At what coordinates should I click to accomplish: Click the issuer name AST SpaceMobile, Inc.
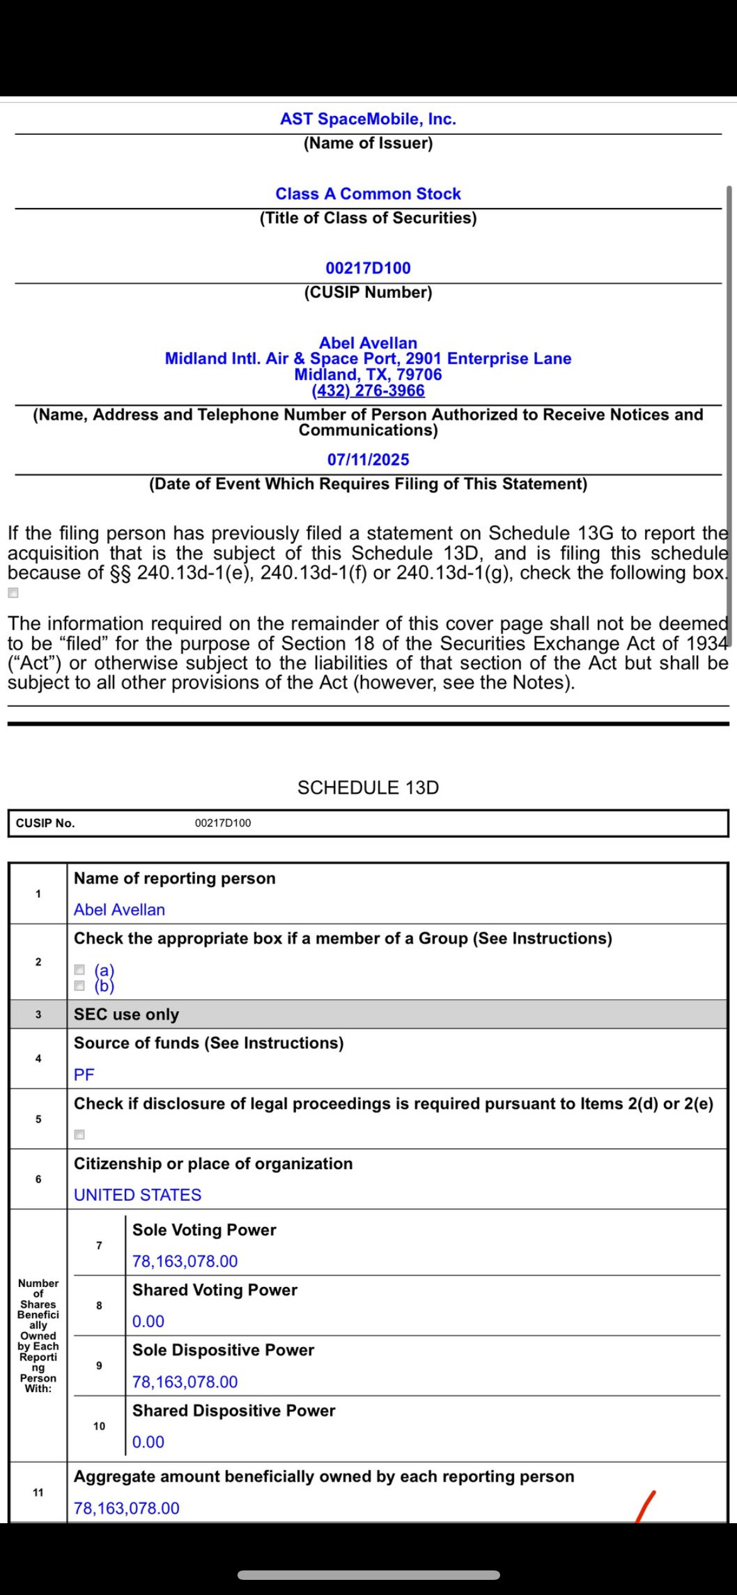[x=368, y=119]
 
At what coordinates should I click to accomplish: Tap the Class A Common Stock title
[x=368, y=193]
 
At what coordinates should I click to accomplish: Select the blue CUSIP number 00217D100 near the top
[x=368, y=268]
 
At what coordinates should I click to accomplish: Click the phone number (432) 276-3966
[x=368, y=391]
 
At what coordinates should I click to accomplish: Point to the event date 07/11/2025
[x=368, y=460]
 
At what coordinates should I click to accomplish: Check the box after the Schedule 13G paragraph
[x=13, y=593]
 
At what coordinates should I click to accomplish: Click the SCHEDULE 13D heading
[x=368, y=787]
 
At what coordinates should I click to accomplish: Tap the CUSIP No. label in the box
[x=45, y=823]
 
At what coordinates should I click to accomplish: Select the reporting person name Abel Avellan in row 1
[x=120, y=910]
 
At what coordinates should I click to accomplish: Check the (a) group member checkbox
[x=79, y=970]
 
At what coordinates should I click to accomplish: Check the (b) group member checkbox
[x=79, y=985]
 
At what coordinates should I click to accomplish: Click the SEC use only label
[x=127, y=1014]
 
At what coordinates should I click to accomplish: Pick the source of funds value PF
[x=84, y=1075]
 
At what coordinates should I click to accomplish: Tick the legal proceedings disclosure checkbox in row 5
[x=79, y=1135]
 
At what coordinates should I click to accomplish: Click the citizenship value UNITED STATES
[x=138, y=1195]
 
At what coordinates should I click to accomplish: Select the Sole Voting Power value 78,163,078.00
[x=185, y=1261]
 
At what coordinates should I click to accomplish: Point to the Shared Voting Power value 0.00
[x=148, y=1322]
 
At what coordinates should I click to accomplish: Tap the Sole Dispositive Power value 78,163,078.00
[x=185, y=1382]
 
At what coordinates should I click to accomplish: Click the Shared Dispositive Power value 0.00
[x=148, y=1442]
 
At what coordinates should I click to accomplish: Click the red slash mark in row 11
[x=646, y=1506]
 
